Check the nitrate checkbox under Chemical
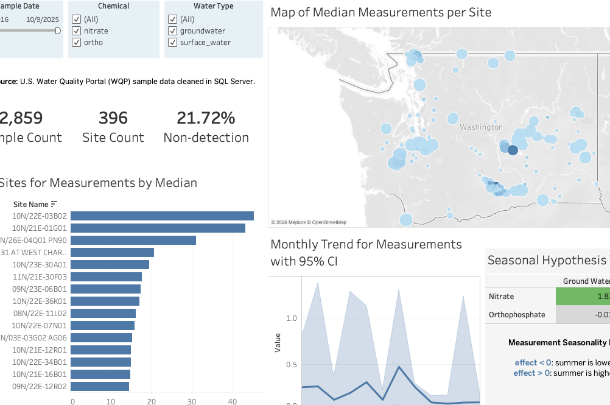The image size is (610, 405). click(x=76, y=31)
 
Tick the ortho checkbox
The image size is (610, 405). click(x=76, y=43)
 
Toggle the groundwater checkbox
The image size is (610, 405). click(x=172, y=31)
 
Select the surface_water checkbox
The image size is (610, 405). click(x=172, y=43)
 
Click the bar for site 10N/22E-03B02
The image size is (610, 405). click(x=162, y=216)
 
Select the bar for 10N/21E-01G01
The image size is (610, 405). click(x=158, y=228)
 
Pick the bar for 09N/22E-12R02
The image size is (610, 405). click(x=100, y=386)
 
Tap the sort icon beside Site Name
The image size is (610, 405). click(x=54, y=204)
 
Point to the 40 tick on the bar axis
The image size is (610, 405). click(x=232, y=401)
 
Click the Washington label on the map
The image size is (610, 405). click(x=481, y=127)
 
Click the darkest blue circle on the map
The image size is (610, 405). click(x=513, y=150)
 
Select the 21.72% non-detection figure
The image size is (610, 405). click(x=206, y=118)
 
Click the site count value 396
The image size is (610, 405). click(x=113, y=118)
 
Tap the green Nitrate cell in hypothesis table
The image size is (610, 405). click(x=583, y=297)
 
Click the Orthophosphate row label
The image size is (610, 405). click(x=517, y=315)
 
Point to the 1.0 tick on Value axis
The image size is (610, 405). click(x=291, y=318)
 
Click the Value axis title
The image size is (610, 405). click(x=278, y=342)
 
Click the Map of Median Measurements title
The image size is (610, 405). click(x=380, y=12)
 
